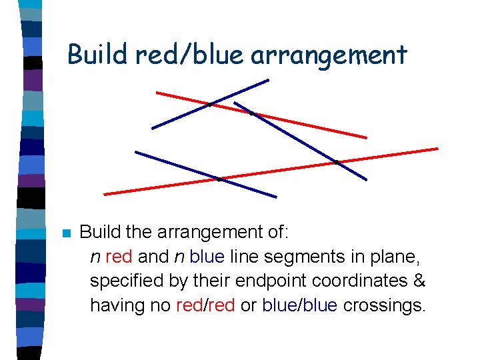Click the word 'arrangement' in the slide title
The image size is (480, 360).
tap(329, 55)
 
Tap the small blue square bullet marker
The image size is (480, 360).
tap(65, 233)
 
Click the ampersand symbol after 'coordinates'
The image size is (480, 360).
tap(419, 281)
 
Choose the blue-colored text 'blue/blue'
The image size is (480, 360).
tap(299, 305)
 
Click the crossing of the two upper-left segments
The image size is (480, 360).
tap(210, 104)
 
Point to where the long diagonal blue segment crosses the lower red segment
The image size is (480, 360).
tap(337, 161)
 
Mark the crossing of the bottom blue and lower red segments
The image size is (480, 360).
tap(219, 179)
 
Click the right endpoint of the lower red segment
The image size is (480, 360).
tap(437, 148)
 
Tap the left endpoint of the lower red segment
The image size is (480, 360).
tap(105, 194)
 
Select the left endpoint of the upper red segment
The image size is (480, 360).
tap(157, 92)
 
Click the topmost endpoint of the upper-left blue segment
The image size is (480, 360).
tap(268, 80)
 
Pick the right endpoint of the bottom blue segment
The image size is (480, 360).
tap(275, 197)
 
